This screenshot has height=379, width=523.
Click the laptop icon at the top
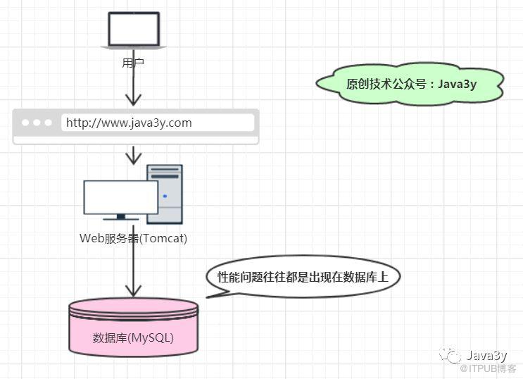134,31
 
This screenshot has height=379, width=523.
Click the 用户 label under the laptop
133,63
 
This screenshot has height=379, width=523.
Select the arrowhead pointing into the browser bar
134,100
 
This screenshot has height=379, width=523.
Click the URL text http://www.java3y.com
129,123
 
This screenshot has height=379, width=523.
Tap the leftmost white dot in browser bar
25,123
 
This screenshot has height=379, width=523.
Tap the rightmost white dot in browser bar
49,123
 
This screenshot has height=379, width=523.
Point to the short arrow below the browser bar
134,155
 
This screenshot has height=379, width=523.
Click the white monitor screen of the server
121,197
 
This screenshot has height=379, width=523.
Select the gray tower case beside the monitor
165,194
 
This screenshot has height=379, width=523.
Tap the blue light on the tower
165,196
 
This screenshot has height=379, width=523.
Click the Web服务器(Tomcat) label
133,238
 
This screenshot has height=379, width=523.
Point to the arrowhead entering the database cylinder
134,291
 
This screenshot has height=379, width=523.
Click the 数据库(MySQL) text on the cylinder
133,338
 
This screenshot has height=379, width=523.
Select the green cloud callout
410,84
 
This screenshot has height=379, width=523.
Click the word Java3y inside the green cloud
457,84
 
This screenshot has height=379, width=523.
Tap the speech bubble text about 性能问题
303,277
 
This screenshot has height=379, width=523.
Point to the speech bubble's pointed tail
208,297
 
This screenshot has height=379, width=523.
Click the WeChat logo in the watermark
450,356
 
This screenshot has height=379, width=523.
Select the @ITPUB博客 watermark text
488,368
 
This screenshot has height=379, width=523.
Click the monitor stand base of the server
121,219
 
